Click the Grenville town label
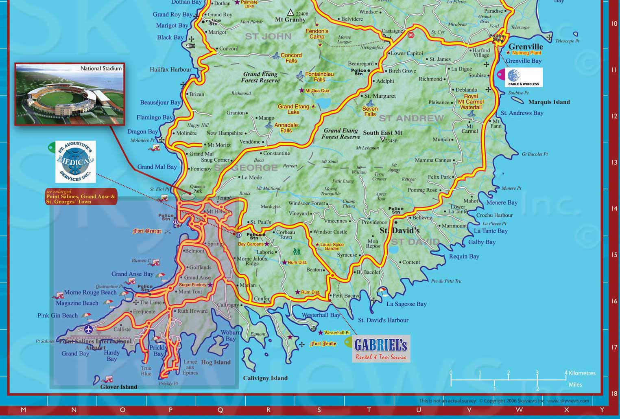pos(526,46)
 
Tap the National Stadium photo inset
pos(70,94)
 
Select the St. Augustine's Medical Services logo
pos(76,162)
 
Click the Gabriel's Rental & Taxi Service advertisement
pos(381,349)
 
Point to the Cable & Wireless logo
pos(524,77)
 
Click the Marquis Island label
pos(549,102)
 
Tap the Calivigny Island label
pos(265,378)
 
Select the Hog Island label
pos(216,362)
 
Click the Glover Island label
pos(119,386)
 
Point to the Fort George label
pos(147,231)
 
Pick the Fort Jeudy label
pos(323,344)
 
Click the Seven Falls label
pos(370,111)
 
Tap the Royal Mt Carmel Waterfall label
pos(471,102)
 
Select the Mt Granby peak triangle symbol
pos(290,13)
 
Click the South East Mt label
pos(382,133)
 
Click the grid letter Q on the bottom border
pos(220,410)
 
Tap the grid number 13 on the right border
pos(614,162)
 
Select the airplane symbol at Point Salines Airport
pos(88,329)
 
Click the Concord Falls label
pos(291,58)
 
